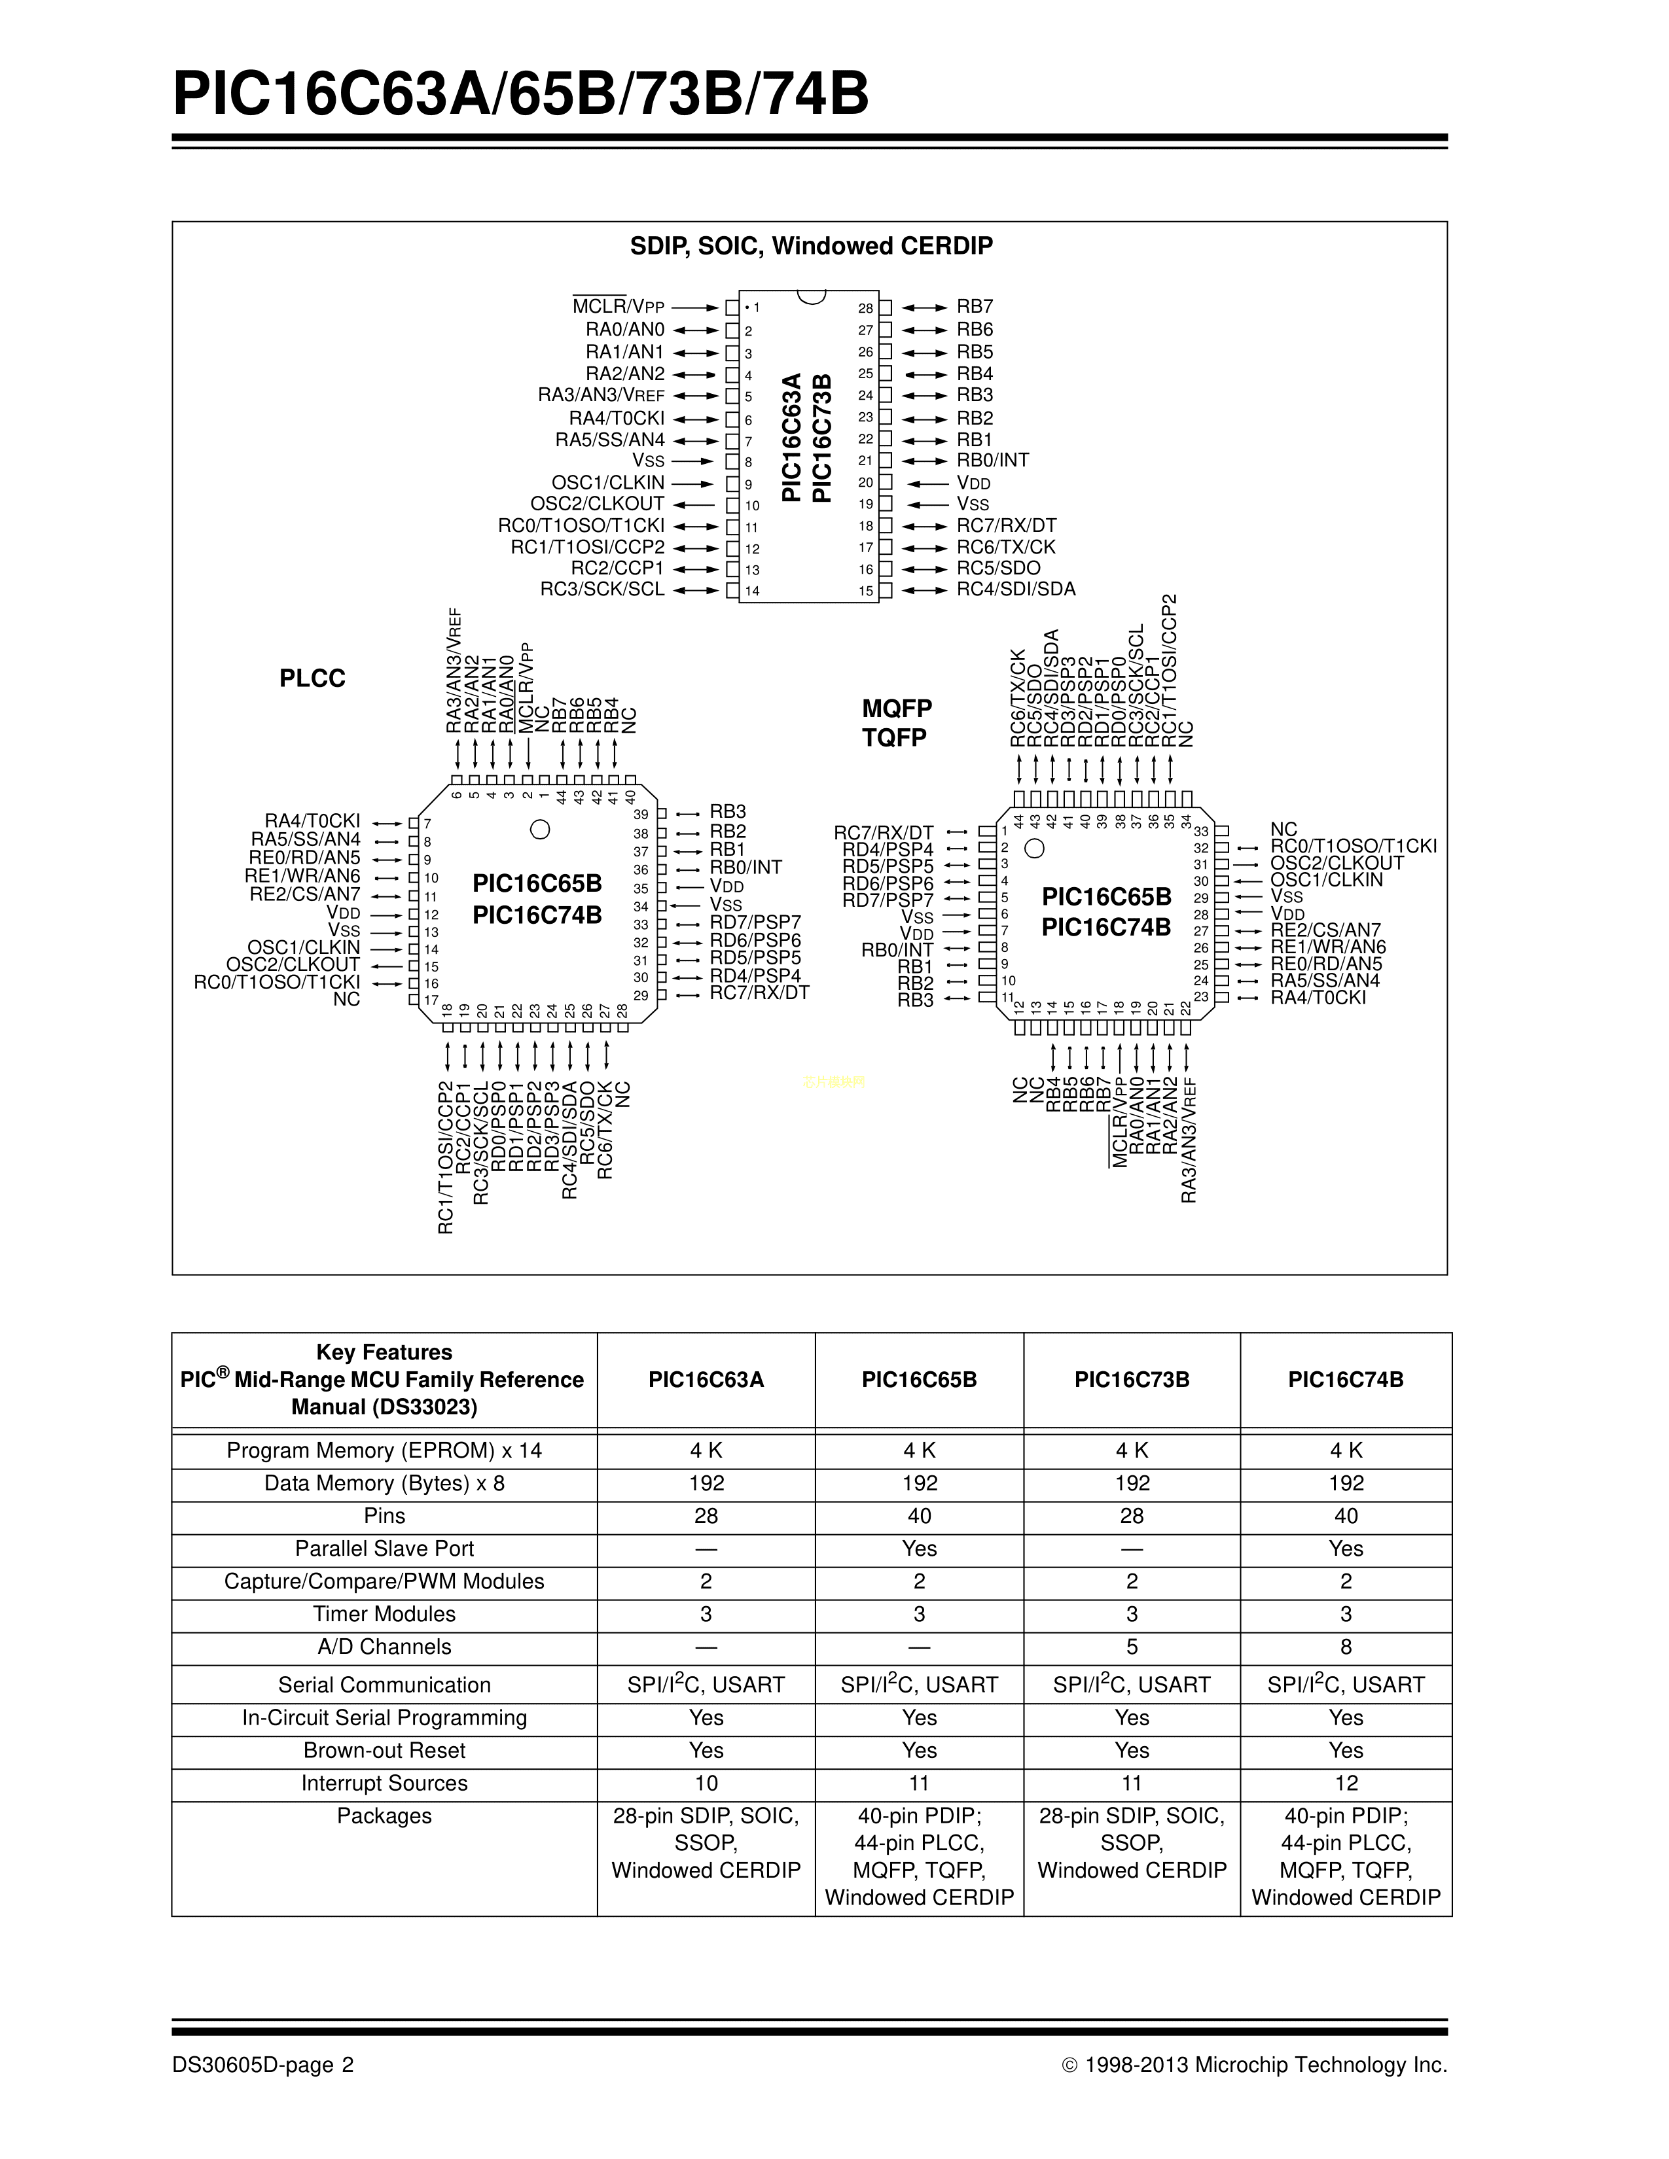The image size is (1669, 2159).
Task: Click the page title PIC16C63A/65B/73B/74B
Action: pos(521,95)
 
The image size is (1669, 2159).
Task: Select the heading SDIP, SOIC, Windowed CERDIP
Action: pos(811,246)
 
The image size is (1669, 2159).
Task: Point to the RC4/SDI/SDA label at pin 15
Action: pos(1015,589)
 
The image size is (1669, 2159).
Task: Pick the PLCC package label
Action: pos(312,678)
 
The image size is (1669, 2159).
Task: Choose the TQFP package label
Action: pos(895,737)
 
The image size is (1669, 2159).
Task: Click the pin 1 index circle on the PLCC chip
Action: pos(540,830)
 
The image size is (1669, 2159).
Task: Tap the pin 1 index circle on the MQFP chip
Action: pos(1034,848)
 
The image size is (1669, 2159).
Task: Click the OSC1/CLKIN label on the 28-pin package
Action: pos(608,482)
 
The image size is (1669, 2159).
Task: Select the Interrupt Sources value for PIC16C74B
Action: pos(1346,1783)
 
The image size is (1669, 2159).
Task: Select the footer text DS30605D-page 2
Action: pos(263,2064)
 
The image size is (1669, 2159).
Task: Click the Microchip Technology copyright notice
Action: pos(1254,2064)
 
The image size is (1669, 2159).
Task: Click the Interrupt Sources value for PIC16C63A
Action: pos(706,1783)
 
